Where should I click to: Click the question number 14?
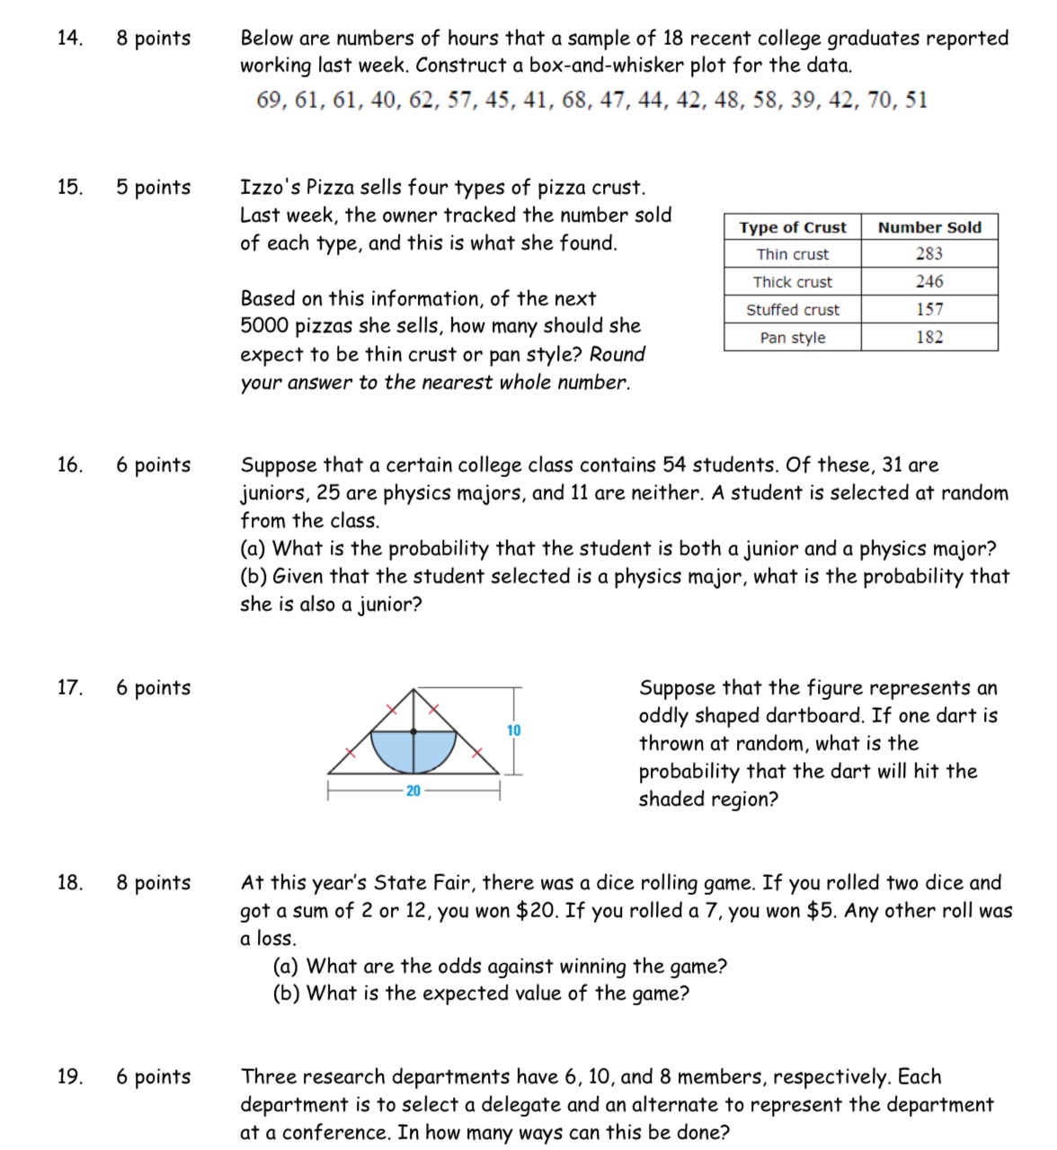pyautogui.click(x=68, y=39)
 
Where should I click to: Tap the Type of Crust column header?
pyautogui.click(x=792, y=228)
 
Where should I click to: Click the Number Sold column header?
pyautogui.click(x=929, y=228)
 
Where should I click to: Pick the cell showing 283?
pyautogui.click(x=929, y=254)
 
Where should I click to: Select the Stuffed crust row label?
pyautogui.click(x=792, y=310)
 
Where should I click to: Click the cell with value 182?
pyautogui.click(x=929, y=338)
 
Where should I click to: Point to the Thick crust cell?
pyautogui.click(x=792, y=282)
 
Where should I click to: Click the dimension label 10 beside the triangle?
pyautogui.click(x=513, y=730)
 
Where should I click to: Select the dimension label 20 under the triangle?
pyautogui.click(x=413, y=792)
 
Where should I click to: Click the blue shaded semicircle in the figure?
pyautogui.click(x=413, y=751)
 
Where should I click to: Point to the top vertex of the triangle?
pyautogui.click(x=413, y=690)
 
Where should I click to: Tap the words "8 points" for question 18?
pyautogui.click(x=153, y=883)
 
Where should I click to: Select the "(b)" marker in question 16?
pyautogui.click(x=253, y=577)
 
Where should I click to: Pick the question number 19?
pyautogui.click(x=68, y=1077)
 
